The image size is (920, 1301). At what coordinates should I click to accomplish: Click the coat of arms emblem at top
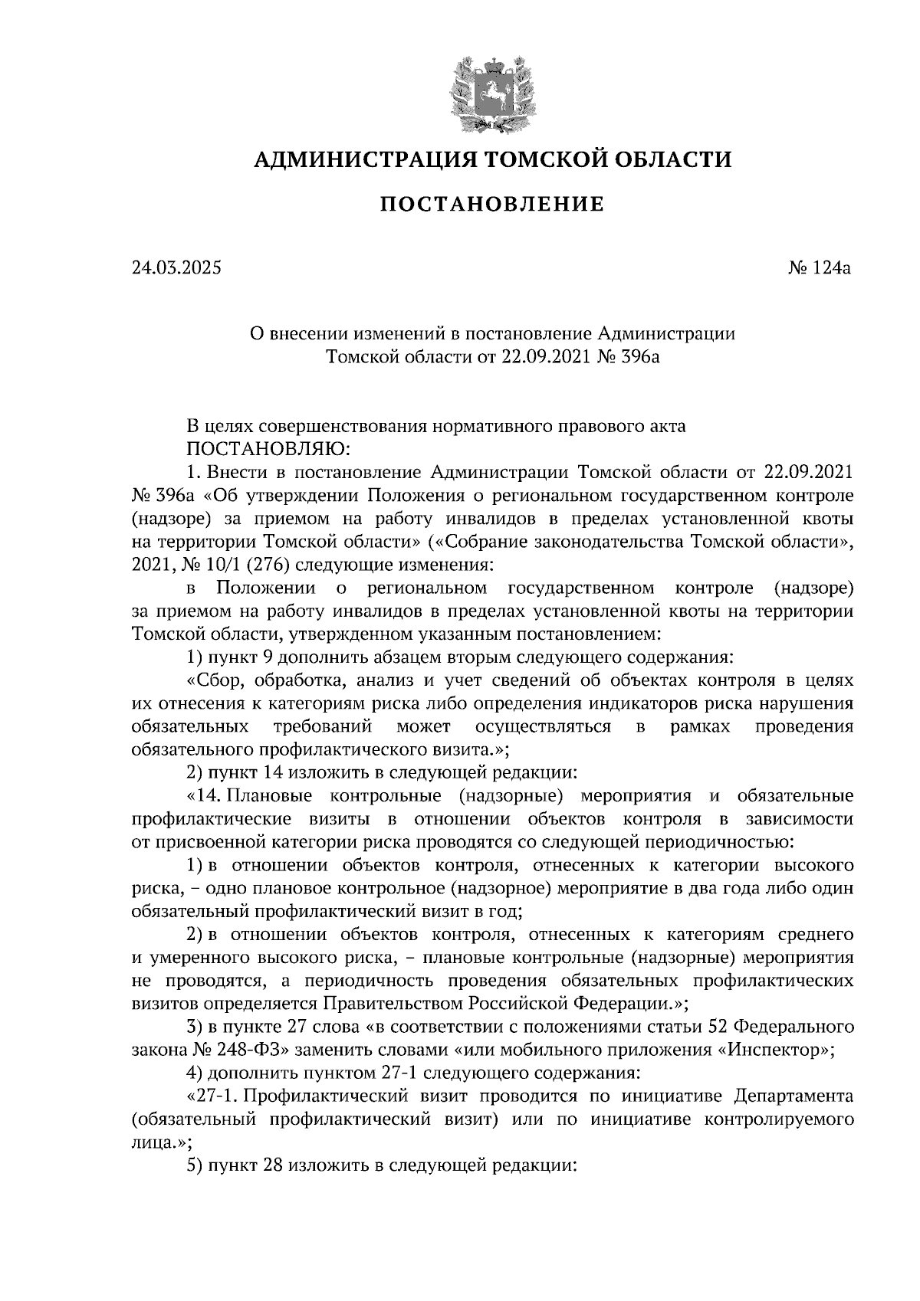(491, 92)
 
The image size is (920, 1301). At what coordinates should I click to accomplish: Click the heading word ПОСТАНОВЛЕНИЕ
(491, 205)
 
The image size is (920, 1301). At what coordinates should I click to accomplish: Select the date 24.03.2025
(176, 268)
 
